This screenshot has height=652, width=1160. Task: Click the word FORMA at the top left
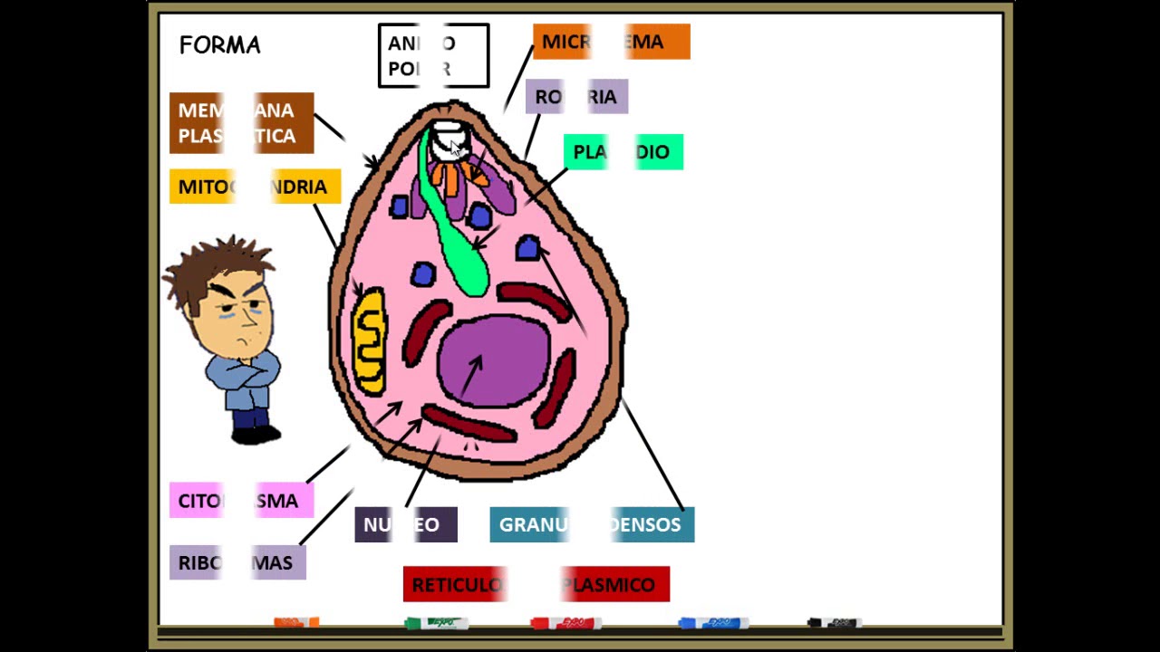219,45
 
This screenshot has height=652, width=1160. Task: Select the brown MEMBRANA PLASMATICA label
241,123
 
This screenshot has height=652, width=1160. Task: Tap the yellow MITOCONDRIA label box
255,187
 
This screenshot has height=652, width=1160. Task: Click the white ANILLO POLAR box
433,56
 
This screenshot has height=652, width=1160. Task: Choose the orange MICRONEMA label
611,42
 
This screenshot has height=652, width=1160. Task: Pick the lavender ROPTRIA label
576,97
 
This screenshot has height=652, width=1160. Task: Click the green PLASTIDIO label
623,152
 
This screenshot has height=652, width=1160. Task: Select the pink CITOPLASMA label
241,501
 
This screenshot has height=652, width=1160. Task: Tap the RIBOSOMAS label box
237,562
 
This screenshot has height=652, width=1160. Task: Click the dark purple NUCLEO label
405,525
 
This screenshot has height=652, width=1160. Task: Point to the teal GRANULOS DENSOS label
592,525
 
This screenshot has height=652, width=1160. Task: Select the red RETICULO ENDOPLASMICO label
536,584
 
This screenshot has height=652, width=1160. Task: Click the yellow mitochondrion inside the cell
370,340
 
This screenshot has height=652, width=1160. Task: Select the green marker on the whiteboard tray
436,623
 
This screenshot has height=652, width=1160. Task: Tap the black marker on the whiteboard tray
833,623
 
